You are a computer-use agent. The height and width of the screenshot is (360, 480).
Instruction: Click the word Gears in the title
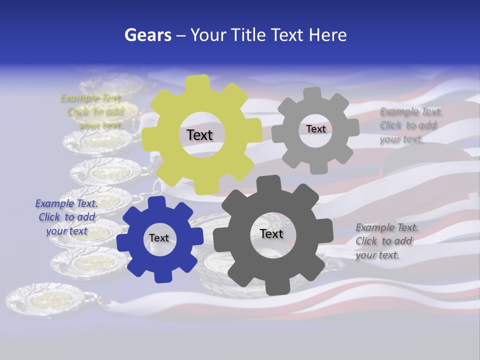click(x=147, y=35)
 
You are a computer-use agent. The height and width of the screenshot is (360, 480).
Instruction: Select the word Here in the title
click(x=328, y=35)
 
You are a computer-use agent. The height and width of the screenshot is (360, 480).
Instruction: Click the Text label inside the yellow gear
click(x=199, y=135)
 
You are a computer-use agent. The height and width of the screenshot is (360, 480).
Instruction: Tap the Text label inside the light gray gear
click(x=315, y=129)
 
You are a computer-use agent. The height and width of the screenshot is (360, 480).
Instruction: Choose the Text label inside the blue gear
click(x=159, y=238)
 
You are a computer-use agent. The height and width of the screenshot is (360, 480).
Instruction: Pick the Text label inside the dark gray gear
click(x=271, y=233)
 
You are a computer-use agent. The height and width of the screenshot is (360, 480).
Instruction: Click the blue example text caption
click(x=66, y=217)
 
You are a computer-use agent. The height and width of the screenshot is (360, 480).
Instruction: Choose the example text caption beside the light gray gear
click(x=410, y=125)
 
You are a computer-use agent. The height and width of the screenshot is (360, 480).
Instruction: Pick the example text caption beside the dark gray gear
click(x=386, y=241)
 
